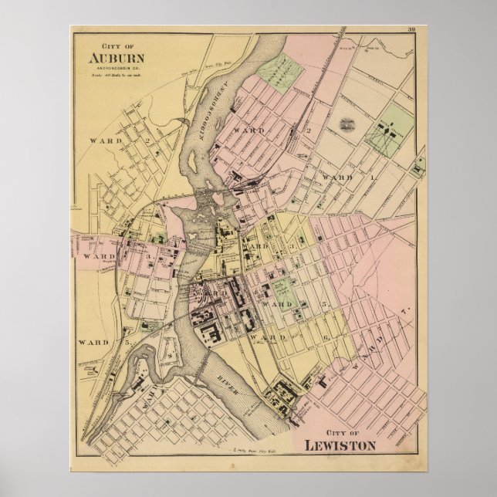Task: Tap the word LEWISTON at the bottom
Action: coord(340,445)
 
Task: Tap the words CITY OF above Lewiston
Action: coord(340,432)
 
